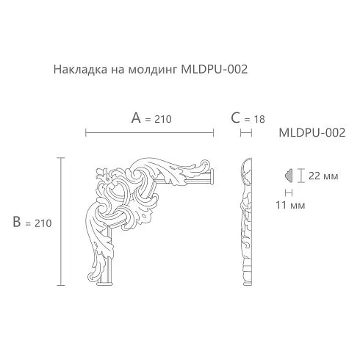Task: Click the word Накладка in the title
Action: point(80,69)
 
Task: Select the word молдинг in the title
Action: point(153,70)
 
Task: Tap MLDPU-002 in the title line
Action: point(215,69)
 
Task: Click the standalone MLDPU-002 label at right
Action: point(312,133)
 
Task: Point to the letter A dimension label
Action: point(136,118)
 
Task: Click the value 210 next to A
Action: point(163,119)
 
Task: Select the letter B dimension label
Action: point(17,222)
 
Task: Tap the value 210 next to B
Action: point(43,223)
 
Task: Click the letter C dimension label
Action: point(235,118)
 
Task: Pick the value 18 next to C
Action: point(259,120)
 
